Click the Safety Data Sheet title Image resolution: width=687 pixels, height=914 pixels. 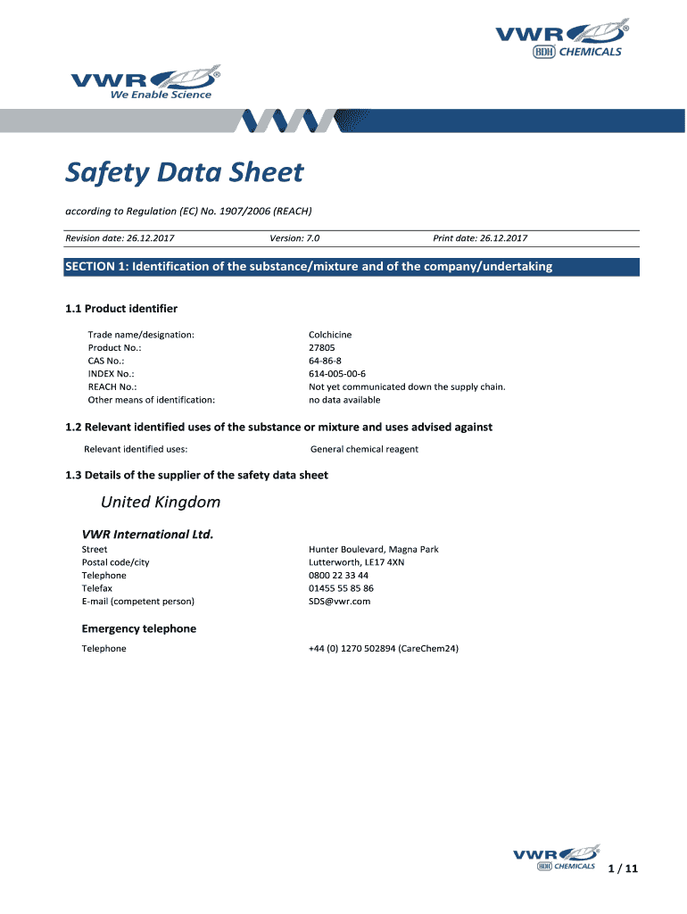(184, 172)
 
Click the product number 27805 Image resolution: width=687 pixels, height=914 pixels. (322, 347)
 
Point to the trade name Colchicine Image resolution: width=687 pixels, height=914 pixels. (330, 335)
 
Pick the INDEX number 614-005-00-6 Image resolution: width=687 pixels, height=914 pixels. (337, 374)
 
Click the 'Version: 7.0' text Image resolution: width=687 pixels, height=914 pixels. (294, 238)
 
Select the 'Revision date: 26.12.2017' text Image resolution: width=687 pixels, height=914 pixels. (120, 238)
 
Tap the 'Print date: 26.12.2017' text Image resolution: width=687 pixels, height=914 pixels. (480, 238)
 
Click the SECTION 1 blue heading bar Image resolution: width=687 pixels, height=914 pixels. (352, 267)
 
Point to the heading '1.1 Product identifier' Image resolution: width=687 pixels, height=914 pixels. (121, 309)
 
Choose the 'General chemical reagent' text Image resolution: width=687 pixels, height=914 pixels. (364, 449)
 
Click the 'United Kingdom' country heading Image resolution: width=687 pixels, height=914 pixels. (160, 503)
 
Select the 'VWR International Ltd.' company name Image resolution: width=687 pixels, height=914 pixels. (148, 535)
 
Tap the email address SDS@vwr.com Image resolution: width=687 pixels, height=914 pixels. (339, 602)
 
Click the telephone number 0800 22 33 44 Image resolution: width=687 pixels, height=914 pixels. (338, 576)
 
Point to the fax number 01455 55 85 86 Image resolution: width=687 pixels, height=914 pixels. (341, 588)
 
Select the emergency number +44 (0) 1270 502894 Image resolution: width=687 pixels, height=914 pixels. (383, 649)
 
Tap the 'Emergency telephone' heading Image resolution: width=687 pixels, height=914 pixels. (139, 628)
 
